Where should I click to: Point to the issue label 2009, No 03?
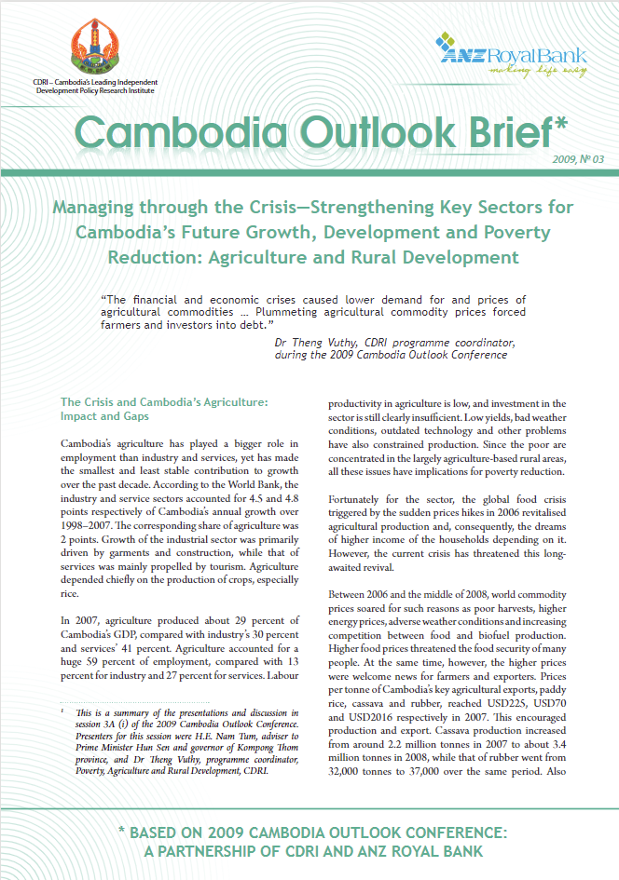coord(578,159)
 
